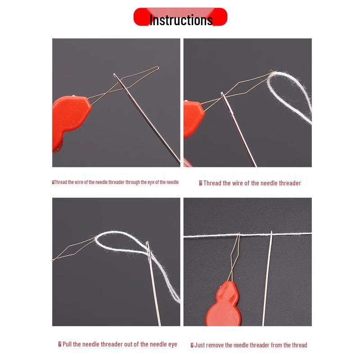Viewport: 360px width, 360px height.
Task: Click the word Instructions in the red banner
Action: tap(181, 20)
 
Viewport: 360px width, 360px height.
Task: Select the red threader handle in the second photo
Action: tap(193, 119)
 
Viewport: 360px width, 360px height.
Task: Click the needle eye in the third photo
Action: tap(148, 251)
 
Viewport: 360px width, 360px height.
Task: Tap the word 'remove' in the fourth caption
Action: tap(214, 345)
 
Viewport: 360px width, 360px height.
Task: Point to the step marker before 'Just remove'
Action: tap(192, 345)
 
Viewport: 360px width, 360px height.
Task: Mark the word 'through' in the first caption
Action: tap(132, 182)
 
